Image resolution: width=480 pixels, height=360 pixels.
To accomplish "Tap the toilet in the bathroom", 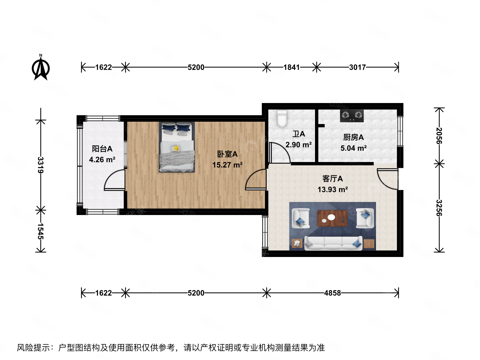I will [x=282, y=119].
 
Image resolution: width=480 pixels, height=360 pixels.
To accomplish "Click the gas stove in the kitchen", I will [x=352, y=116].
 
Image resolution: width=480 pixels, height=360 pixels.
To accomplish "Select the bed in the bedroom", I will [x=177, y=147].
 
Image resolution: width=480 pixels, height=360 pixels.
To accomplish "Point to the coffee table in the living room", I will [x=332, y=218].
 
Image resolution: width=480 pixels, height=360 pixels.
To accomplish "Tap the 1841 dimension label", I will [x=291, y=67].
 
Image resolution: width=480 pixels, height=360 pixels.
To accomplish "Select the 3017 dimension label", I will [x=357, y=67].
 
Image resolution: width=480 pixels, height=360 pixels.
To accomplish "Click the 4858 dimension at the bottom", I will [x=332, y=293].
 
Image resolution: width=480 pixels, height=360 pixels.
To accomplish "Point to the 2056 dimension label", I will [x=439, y=136].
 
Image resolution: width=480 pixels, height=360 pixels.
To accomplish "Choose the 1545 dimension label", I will [x=41, y=231].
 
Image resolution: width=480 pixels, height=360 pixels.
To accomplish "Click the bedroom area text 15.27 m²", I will [x=227, y=165].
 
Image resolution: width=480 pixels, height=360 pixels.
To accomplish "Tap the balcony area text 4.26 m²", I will [x=102, y=160].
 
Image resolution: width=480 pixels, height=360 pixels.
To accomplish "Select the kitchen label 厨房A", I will [x=353, y=137].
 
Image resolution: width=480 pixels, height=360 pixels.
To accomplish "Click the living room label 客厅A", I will [x=332, y=179].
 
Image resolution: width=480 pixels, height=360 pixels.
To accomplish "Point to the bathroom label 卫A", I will [x=299, y=134].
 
